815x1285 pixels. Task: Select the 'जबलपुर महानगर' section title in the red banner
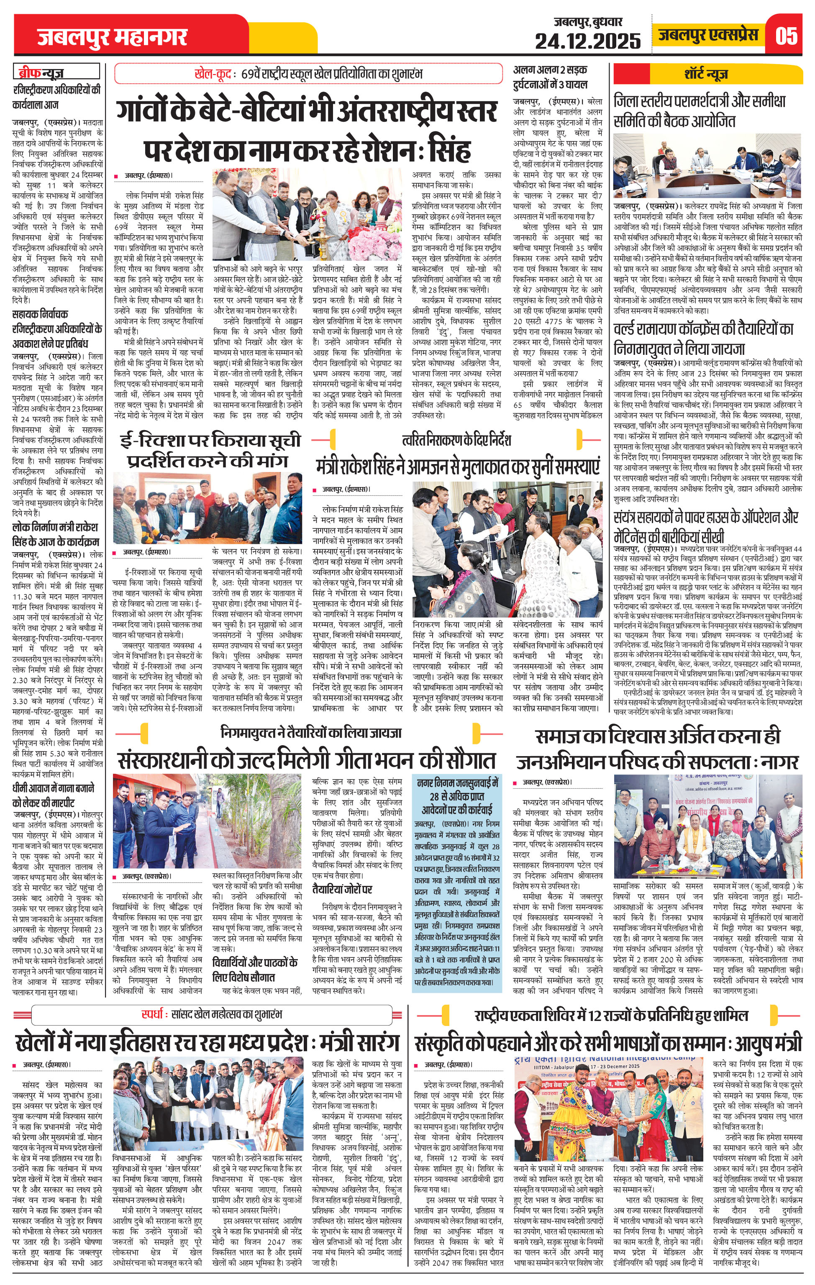click(112, 37)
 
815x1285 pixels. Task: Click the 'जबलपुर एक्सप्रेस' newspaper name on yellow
click(708, 36)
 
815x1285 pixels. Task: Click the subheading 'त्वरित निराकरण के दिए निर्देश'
click(456, 440)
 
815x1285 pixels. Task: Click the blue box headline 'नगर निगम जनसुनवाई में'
click(457, 783)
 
